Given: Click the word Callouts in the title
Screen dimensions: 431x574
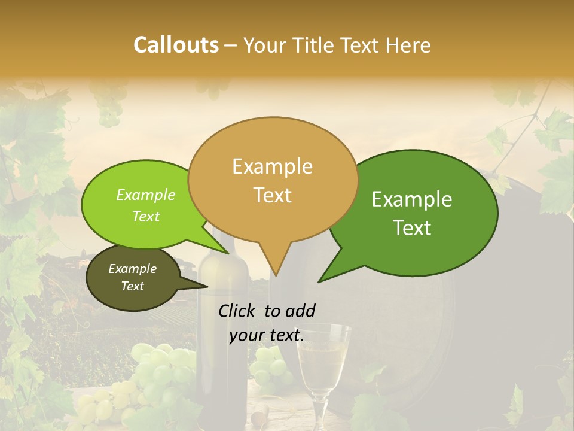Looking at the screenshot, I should (x=176, y=45).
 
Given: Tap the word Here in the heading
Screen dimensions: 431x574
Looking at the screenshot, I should (x=408, y=45).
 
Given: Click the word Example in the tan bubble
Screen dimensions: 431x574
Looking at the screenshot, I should (x=272, y=166).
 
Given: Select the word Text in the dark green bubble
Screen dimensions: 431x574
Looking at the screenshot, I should (x=413, y=228).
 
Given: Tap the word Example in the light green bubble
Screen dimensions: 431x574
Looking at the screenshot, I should (x=145, y=195).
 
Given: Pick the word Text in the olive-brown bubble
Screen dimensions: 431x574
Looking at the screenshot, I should (x=133, y=286).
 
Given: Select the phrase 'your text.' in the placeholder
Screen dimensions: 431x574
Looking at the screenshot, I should (x=267, y=336).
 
